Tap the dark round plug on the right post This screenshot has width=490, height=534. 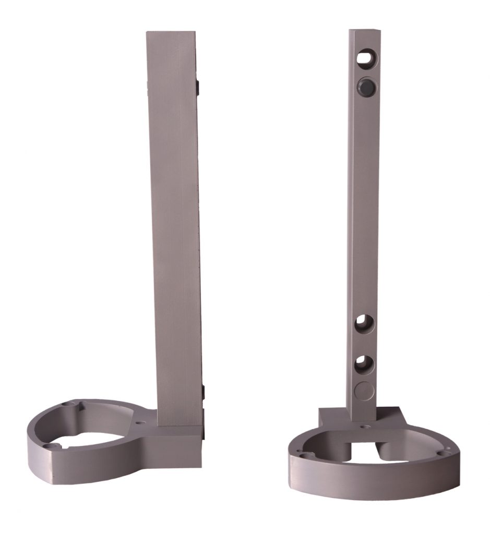[x=365, y=86]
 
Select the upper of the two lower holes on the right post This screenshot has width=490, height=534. [x=364, y=324]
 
